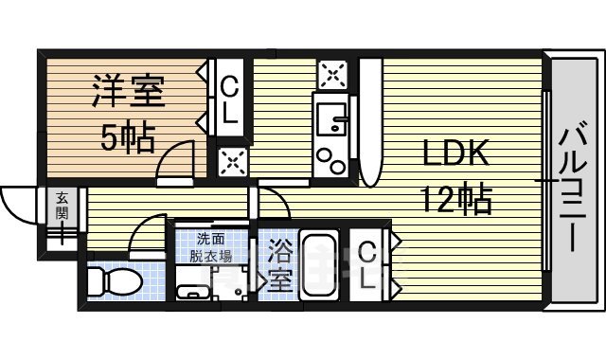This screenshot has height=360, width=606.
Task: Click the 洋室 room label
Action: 128,94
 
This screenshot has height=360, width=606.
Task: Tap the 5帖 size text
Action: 128,139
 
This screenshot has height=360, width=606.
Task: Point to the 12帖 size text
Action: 455,199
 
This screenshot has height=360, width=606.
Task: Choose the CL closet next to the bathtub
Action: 369,266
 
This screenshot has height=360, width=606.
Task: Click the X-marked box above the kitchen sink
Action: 331,73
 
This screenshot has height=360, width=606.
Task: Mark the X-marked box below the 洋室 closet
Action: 229,160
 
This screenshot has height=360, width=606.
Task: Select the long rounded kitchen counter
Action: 369,123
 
